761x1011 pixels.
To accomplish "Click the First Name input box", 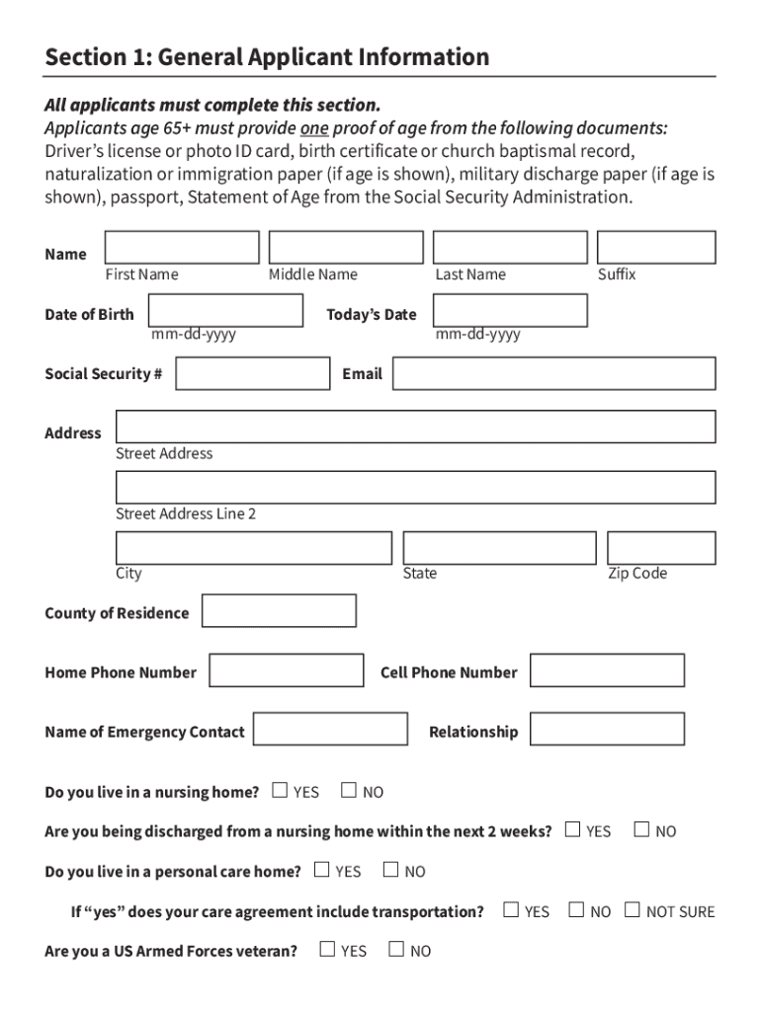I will [x=182, y=248].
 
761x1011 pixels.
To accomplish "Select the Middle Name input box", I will [x=346, y=248].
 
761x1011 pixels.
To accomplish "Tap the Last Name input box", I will [x=510, y=248].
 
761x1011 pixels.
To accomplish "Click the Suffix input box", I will [x=656, y=248].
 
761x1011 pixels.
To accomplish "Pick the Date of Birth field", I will [x=225, y=311].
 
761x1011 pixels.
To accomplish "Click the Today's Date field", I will [x=510, y=311].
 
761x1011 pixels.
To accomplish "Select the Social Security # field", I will [x=252, y=374].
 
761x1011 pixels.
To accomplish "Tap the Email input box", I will [x=554, y=374].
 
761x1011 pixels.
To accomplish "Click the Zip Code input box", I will [x=661, y=548].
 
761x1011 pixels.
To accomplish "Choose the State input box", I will [x=499, y=548].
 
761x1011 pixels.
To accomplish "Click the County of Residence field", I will [x=279, y=611].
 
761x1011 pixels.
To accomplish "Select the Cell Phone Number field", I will [x=607, y=670].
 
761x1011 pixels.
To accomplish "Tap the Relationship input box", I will [x=607, y=730].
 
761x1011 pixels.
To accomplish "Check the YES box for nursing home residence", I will [x=280, y=790].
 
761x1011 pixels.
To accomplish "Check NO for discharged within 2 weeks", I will [x=641, y=829].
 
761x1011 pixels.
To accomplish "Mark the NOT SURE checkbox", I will [x=633, y=909].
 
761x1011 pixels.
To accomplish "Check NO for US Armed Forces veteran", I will [x=396, y=950].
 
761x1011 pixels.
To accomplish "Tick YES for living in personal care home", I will [x=321, y=870].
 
